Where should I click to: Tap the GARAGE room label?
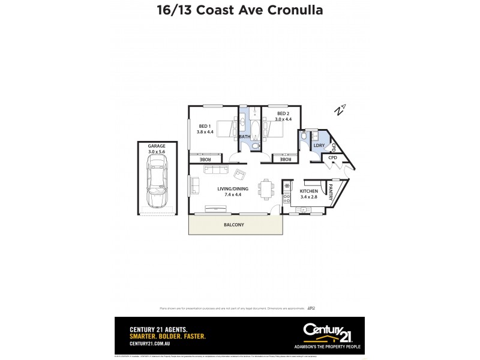[157, 146]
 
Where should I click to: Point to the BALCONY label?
[235, 225]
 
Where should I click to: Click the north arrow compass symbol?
[340, 110]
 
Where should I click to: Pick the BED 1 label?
[205, 125]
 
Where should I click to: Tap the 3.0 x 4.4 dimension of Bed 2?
[283, 119]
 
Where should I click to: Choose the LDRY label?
[319, 145]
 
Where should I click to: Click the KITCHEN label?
[309, 191]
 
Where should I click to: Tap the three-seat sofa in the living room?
[216, 170]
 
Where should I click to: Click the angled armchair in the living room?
[239, 175]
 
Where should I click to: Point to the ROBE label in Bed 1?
[205, 159]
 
